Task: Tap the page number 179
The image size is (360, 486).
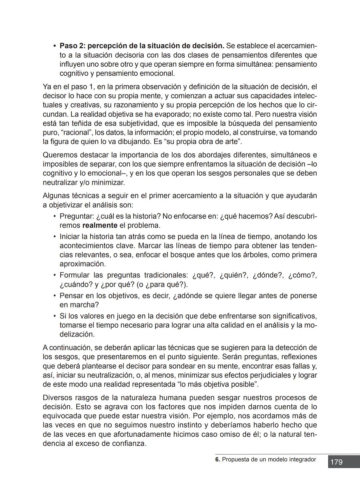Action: [336, 462]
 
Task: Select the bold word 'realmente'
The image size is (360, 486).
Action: [100, 226]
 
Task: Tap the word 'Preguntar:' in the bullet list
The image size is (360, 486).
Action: [76, 216]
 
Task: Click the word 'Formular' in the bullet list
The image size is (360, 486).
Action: [74, 275]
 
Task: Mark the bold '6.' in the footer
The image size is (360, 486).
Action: [218, 459]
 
